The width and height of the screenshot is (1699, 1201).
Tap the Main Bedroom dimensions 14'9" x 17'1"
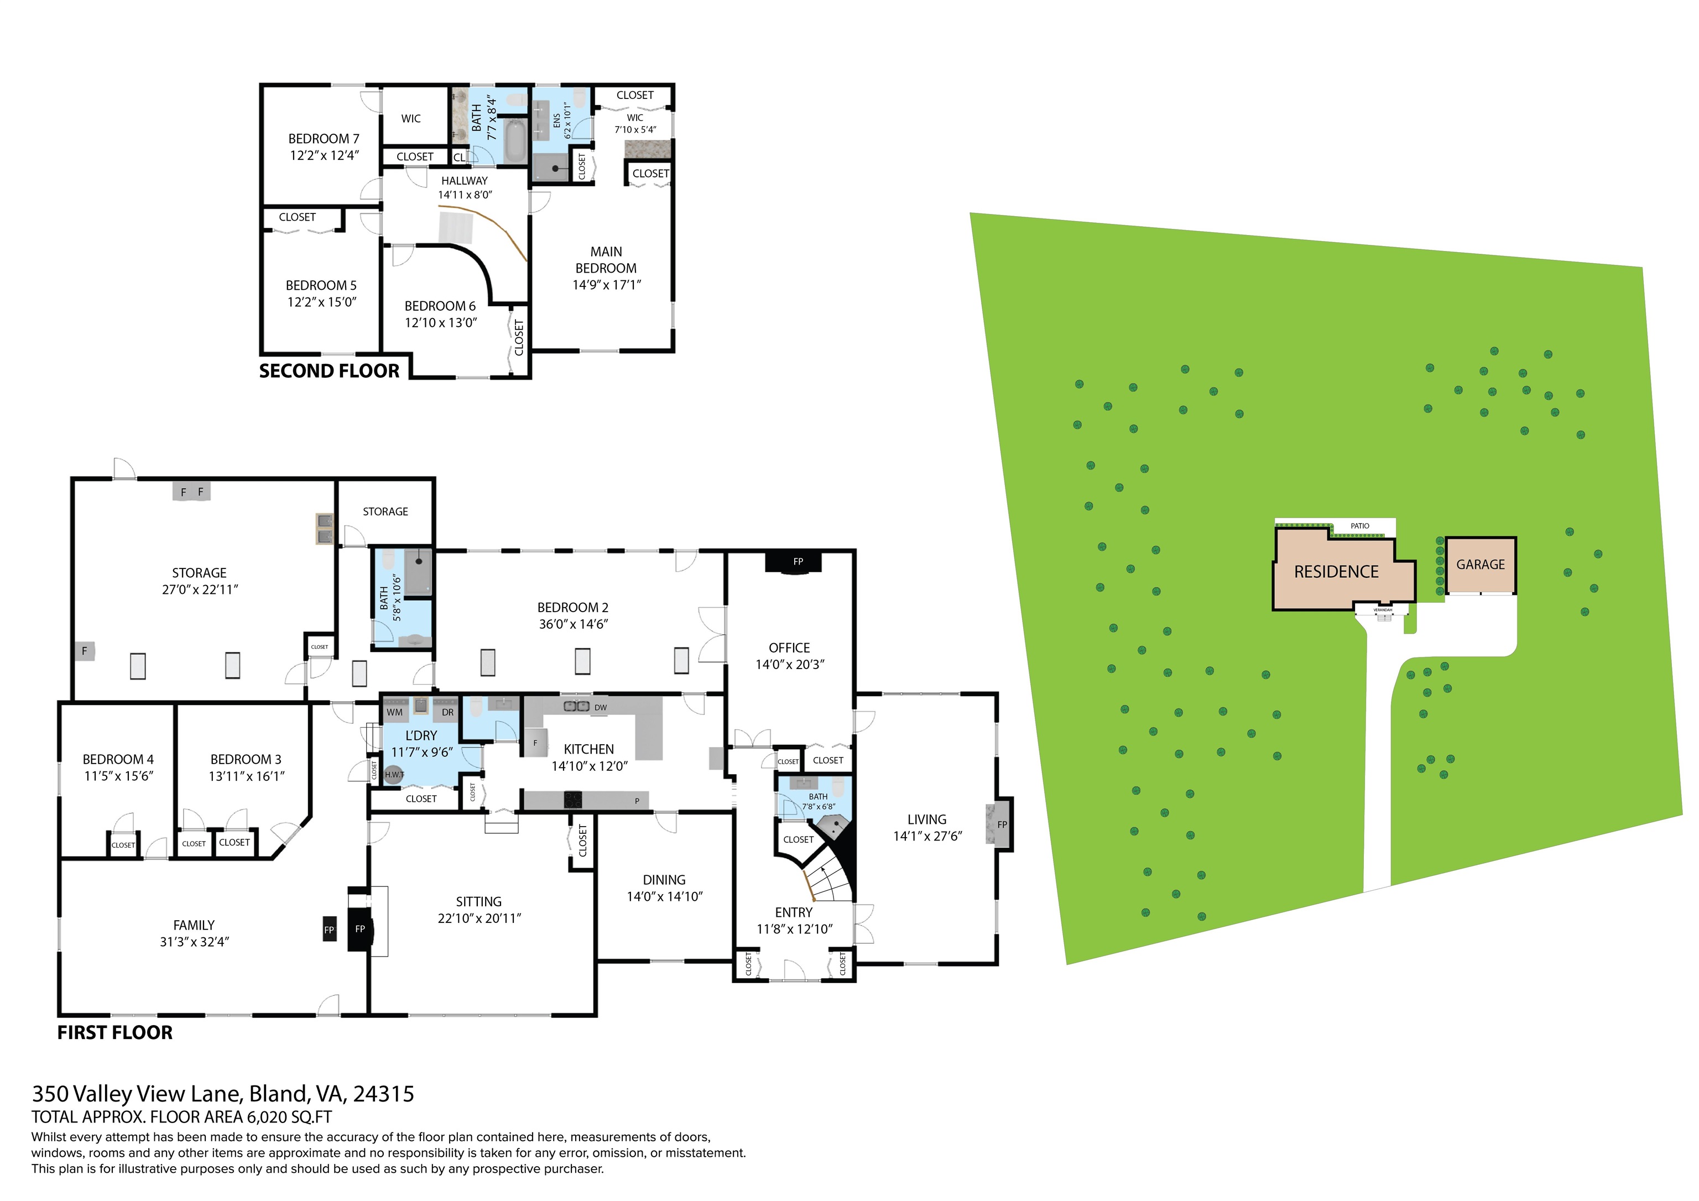click(606, 285)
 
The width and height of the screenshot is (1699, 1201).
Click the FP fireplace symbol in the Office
click(797, 562)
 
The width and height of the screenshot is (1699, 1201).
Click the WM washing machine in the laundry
click(394, 711)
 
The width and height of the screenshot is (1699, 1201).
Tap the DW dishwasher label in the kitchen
click(600, 707)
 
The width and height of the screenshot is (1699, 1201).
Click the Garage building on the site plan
click(1480, 565)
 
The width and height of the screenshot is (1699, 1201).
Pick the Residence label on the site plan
click(1336, 572)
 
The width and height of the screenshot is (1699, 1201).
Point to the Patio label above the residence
click(1359, 526)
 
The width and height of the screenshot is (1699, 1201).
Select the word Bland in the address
click(278, 1094)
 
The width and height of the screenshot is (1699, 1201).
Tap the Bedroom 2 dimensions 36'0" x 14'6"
click(573, 624)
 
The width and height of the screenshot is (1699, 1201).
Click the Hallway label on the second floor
click(464, 181)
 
